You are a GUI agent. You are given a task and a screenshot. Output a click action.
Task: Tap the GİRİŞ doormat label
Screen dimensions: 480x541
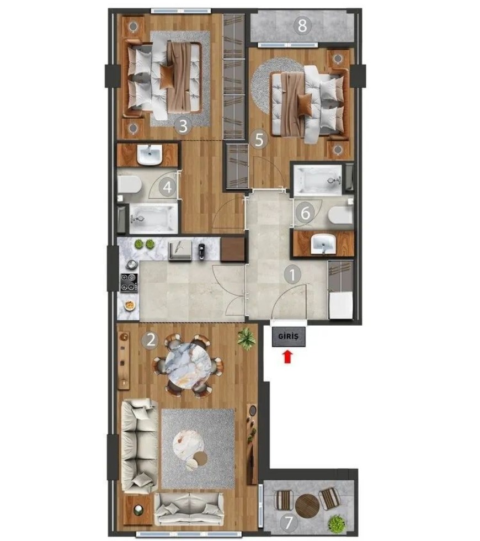tap(289, 336)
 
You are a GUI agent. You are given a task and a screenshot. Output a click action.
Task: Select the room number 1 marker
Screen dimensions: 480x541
tap(292, 275)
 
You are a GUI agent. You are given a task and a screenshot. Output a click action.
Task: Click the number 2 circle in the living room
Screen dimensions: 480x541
tap(150, 341)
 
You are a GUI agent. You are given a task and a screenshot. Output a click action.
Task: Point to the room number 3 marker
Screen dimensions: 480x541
tap(183, 126)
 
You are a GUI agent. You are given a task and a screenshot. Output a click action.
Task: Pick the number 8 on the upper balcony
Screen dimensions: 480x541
tap(302, 25)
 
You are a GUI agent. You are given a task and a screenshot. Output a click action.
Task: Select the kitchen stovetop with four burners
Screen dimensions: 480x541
tap(129, 282)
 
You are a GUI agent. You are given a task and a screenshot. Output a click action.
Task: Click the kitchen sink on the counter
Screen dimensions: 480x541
tap(180, 250)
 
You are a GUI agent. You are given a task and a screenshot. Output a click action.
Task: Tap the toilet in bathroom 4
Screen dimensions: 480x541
tap(129, 184)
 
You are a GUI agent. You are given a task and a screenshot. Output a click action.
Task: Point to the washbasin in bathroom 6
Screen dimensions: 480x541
tap(324, 244)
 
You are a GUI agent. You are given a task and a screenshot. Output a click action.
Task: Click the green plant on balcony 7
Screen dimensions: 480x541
tap(337, 523)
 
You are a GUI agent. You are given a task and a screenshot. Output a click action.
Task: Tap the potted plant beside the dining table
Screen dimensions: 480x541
tap(247, 338)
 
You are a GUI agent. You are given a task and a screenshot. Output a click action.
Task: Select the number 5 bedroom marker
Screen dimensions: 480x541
tap(259, 140)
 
